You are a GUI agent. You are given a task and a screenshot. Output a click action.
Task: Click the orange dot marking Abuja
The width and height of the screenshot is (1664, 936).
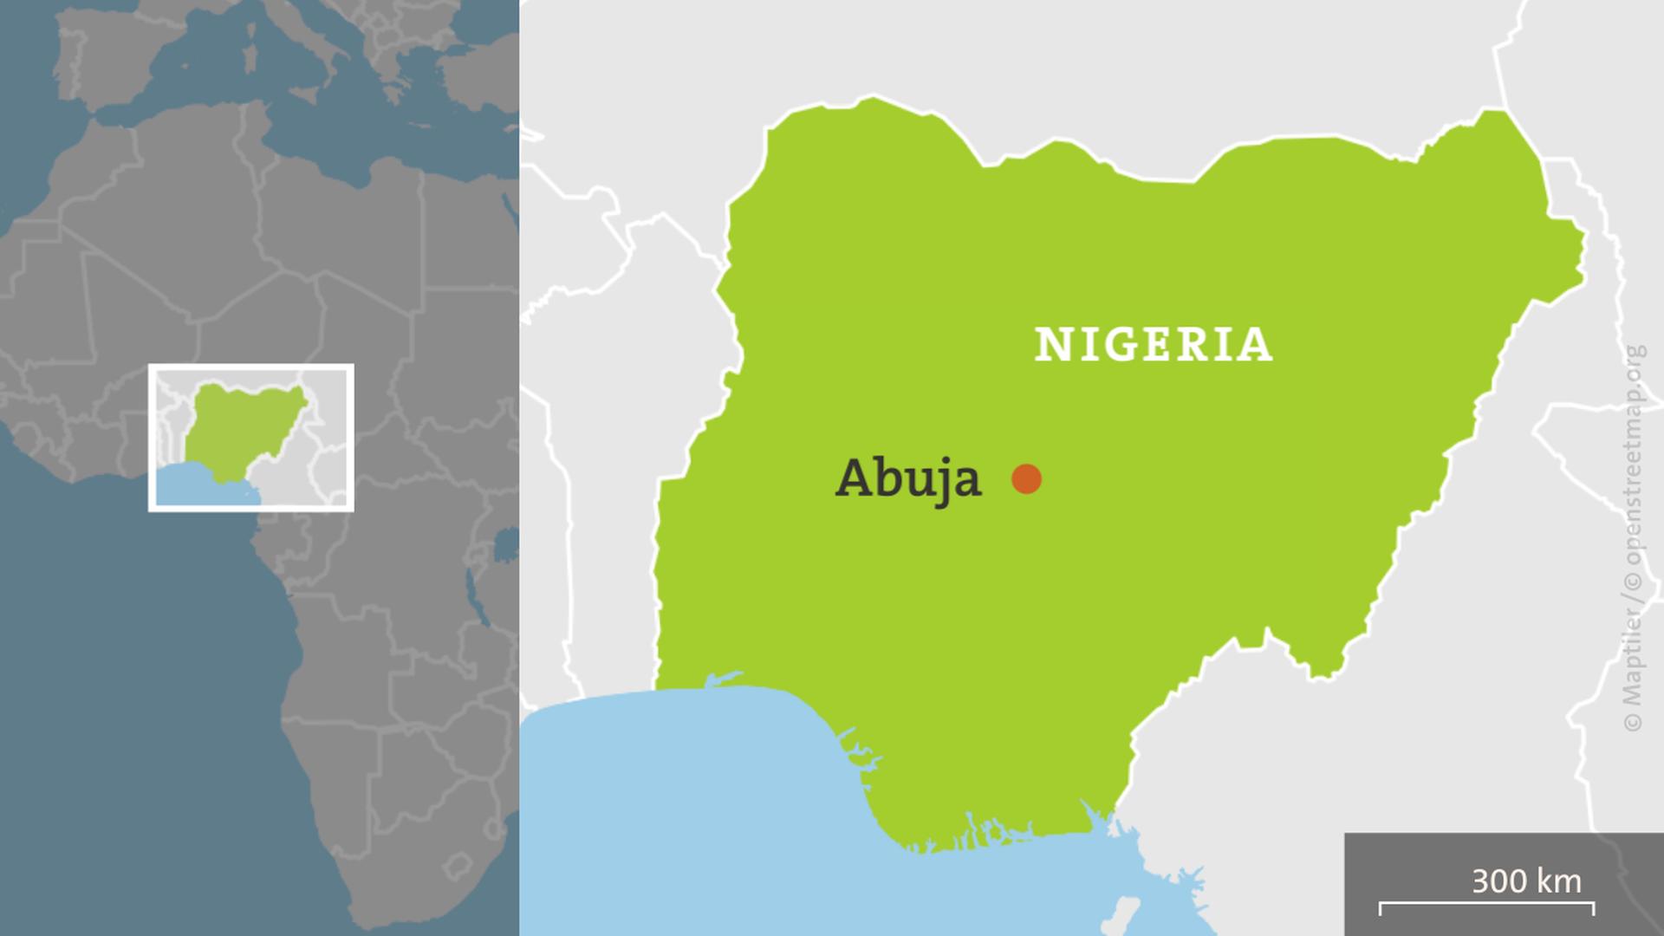[x=1026, y=478]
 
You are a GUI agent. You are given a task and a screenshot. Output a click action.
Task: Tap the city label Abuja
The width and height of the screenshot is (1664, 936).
[x=907, y=478]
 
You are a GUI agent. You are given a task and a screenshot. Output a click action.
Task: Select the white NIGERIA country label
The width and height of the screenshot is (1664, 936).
[x=1154, y=344]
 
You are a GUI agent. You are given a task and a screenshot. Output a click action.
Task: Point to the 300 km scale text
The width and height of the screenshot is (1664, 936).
[x=1526, y=881]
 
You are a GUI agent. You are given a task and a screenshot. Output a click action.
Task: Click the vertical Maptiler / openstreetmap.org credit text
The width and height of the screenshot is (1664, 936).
[x=1634, y=537]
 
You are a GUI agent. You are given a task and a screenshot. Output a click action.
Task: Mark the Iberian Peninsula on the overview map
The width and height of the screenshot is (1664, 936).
[x=113, y=52]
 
